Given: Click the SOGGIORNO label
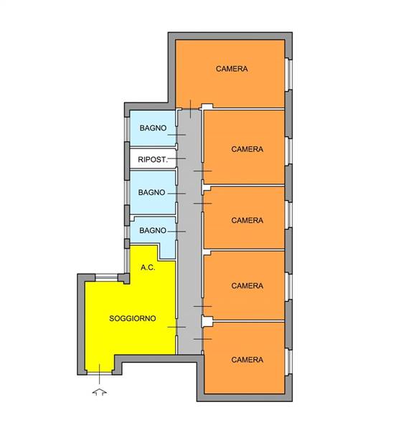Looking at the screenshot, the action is pyautogui.click(x=133, y=318).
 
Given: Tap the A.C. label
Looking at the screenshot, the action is pyautogui.click(x=148, y=267).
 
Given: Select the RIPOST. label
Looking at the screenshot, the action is pyautogui.click(x=153, y=159).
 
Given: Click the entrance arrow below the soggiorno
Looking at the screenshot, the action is pyautogui.click(x=100, y=392).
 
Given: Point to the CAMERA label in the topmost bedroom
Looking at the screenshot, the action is pyautogui.click(x=232, y=69).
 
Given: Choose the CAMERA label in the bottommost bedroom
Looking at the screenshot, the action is pyautogui.click(x=247, y=360).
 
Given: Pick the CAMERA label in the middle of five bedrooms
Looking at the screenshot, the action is pyautogui.click(x=247, y=220).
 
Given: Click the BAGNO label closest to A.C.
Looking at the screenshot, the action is pyautogui.click(x=153, y=231).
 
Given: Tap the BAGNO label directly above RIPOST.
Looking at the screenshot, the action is pyautogui.click(x=153, y=128).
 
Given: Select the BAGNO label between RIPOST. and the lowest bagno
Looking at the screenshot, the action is pyautogui.click(x=151, y=193).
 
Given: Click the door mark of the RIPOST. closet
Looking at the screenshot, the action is pyautogui.click(x=176, y=158).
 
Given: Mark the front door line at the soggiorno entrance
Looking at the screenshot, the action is pyautogui.click(x=100, y=374).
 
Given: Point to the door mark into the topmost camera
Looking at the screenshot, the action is pyautogui.click(x=191, y=109).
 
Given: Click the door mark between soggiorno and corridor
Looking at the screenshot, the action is pyautogui.click(x=176, y=327).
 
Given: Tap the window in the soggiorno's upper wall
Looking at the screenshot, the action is pyautogui.click(x=106, y=277).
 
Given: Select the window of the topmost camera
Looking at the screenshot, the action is pyautogui.click(x=288, y=74).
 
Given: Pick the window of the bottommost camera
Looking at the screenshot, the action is pyautogui.click(x=288, y=362).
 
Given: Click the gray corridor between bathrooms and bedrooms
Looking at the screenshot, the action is pyautogui.click(x=189, y=231).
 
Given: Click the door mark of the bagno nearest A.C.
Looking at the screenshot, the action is pyautogui.click(x=176, y=231).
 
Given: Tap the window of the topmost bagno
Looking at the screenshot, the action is pyautogui.click(x=126, y=130).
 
